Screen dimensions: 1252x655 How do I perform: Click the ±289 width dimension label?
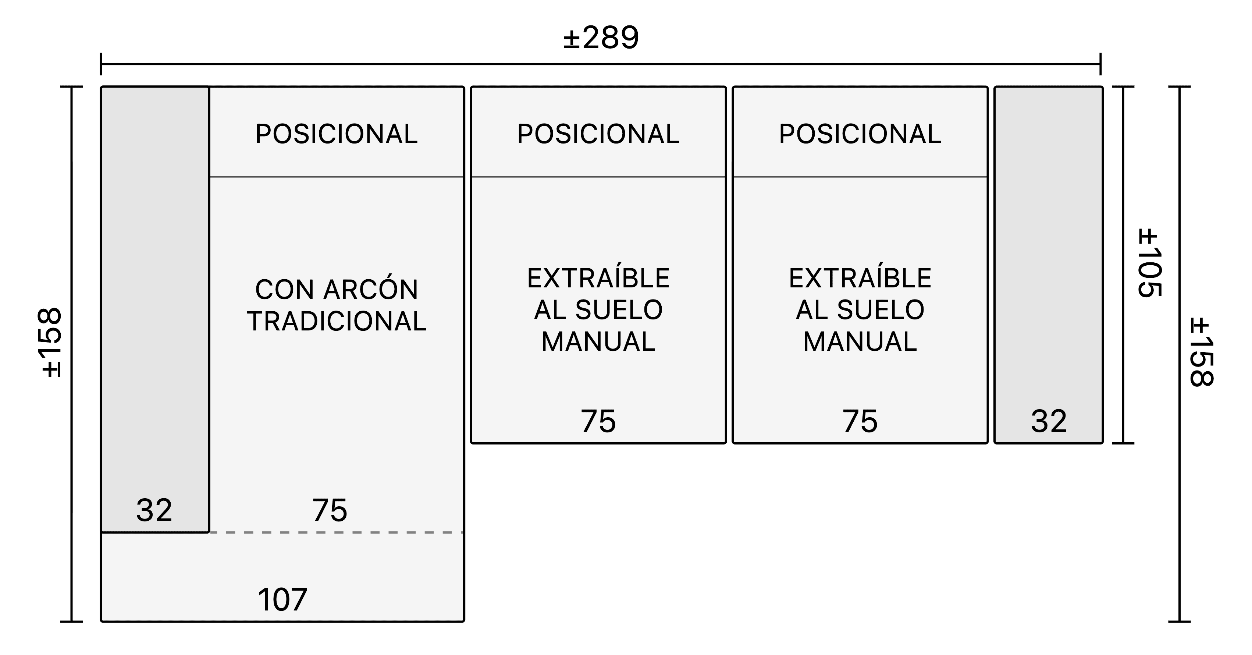click(601, 38)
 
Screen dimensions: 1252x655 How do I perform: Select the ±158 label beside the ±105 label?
click(1201, 352)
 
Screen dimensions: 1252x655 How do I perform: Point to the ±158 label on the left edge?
click(51, 342)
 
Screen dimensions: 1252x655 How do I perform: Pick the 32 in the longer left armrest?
click(154, 510)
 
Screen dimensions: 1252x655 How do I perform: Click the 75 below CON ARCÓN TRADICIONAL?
click(330, 510)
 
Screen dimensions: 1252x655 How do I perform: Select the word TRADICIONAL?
click(336, 321)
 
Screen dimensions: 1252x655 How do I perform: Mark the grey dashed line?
click(336, 532)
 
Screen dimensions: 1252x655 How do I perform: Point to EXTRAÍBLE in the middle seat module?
click(598, 278)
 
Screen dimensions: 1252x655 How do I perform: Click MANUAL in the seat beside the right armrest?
click(860, 341)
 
